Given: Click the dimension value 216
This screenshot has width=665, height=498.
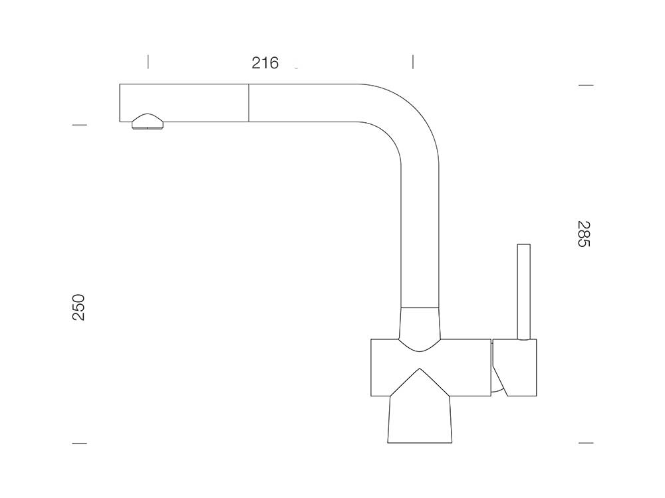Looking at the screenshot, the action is click(x=265, y=62).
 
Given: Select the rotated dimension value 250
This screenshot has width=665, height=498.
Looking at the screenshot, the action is click(x=79, y=307).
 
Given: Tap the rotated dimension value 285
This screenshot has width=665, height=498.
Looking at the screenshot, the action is click(x=584, y=234).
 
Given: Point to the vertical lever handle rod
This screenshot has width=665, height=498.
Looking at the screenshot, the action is click(x=524, y=291).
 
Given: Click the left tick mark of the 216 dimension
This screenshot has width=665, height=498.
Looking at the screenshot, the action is click(x=148, y=62).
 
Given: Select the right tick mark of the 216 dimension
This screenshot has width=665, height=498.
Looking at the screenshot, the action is click(x=413, y=62).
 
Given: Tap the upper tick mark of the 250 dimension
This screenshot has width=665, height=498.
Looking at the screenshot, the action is click(x=79, y=125).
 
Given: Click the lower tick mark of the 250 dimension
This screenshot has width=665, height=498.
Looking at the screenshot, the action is click(x=79, y=444).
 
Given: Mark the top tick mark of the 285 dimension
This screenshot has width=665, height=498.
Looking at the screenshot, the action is click(x=586, y=86).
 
